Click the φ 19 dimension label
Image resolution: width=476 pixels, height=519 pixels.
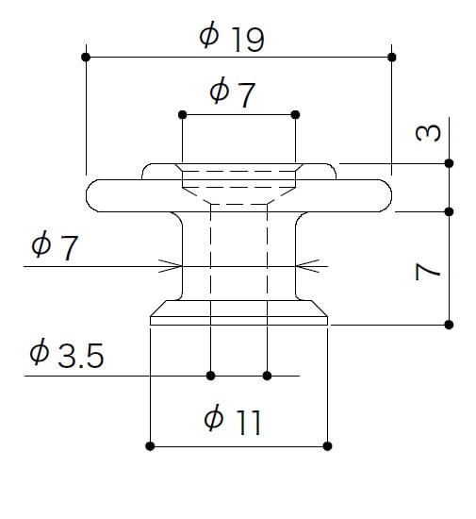point(232,37)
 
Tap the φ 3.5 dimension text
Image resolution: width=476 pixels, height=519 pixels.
point(67,354)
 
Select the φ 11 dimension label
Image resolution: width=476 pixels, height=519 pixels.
point(233,419)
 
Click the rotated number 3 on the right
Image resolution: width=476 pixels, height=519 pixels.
point(428,133)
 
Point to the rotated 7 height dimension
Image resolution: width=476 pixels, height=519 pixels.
point(428,272)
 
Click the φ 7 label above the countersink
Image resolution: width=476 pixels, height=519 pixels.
point(233,92)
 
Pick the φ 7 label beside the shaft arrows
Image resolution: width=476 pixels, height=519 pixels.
point(55,247)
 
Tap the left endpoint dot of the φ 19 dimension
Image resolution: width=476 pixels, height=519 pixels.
point(86,57)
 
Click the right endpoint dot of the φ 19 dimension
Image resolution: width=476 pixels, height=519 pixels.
point(392,58)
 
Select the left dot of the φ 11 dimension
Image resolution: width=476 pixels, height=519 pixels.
point(150,446)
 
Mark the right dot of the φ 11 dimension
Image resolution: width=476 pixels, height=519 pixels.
point(327,446)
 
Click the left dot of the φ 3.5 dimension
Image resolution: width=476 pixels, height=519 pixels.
point(210,376)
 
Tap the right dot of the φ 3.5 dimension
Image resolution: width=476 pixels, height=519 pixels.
point(267,376)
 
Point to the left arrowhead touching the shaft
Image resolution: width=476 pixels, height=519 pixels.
point(171,266)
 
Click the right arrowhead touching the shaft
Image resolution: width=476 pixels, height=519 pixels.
point(307,266)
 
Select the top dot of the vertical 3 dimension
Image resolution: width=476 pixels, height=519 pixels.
point(449,163)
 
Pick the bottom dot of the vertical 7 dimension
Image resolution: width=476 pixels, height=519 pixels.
point(449,325)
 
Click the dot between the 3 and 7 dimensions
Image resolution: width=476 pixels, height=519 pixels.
point(449,211)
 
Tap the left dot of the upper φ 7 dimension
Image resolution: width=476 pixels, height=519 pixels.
point(182,115)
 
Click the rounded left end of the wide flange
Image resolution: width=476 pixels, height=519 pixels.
point(87,195)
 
